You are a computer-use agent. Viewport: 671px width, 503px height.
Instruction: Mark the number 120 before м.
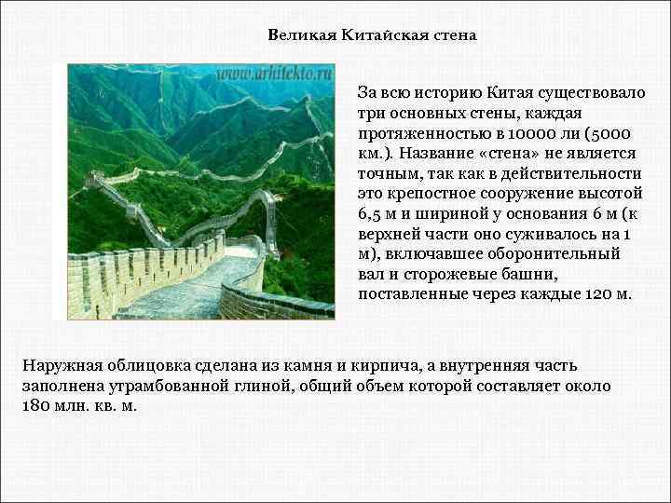pyautogui.click(x=594, y=294)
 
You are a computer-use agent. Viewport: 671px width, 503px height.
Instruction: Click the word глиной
pyautogui.click(x=253, y=386)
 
